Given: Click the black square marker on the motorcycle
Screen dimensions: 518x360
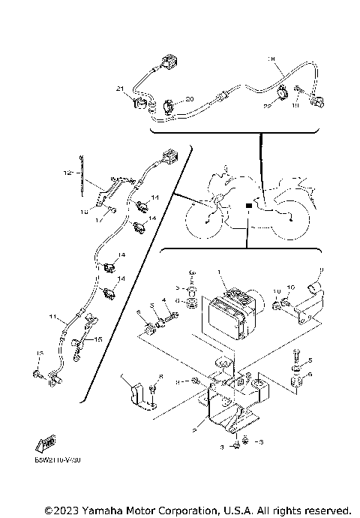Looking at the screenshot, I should [248, 204].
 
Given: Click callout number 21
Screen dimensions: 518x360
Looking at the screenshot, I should [118, 89].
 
